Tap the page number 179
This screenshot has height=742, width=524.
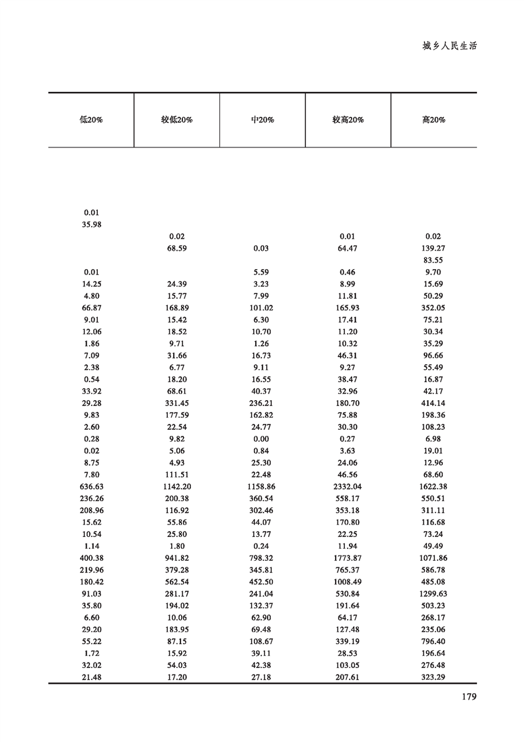click(x=467, y=696)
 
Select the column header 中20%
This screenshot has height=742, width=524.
click(x=262, y=120)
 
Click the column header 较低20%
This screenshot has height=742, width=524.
click(x=176, y=120)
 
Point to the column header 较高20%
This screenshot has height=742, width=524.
click(x=348, y=120)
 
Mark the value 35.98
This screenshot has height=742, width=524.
click(x=92, y=224)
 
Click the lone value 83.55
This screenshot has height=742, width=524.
click(x=433, y=260)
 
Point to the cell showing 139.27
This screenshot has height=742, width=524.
click(x=433, y=248)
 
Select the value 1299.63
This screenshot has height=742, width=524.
click(x=433, y=594)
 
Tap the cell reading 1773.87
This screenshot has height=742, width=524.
click(x=348, y=558)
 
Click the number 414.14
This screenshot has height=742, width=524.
click(x=433, y=403)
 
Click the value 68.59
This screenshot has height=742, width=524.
click(x=176, y=248)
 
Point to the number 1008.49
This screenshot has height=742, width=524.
click(x=348, y=582)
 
